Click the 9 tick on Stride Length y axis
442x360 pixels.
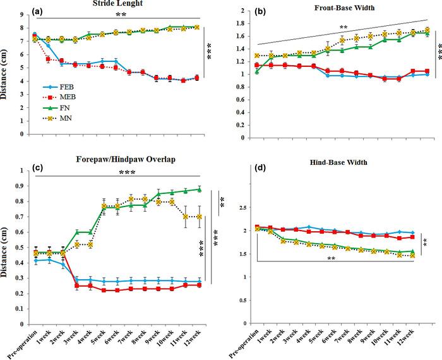pos(23,14)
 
